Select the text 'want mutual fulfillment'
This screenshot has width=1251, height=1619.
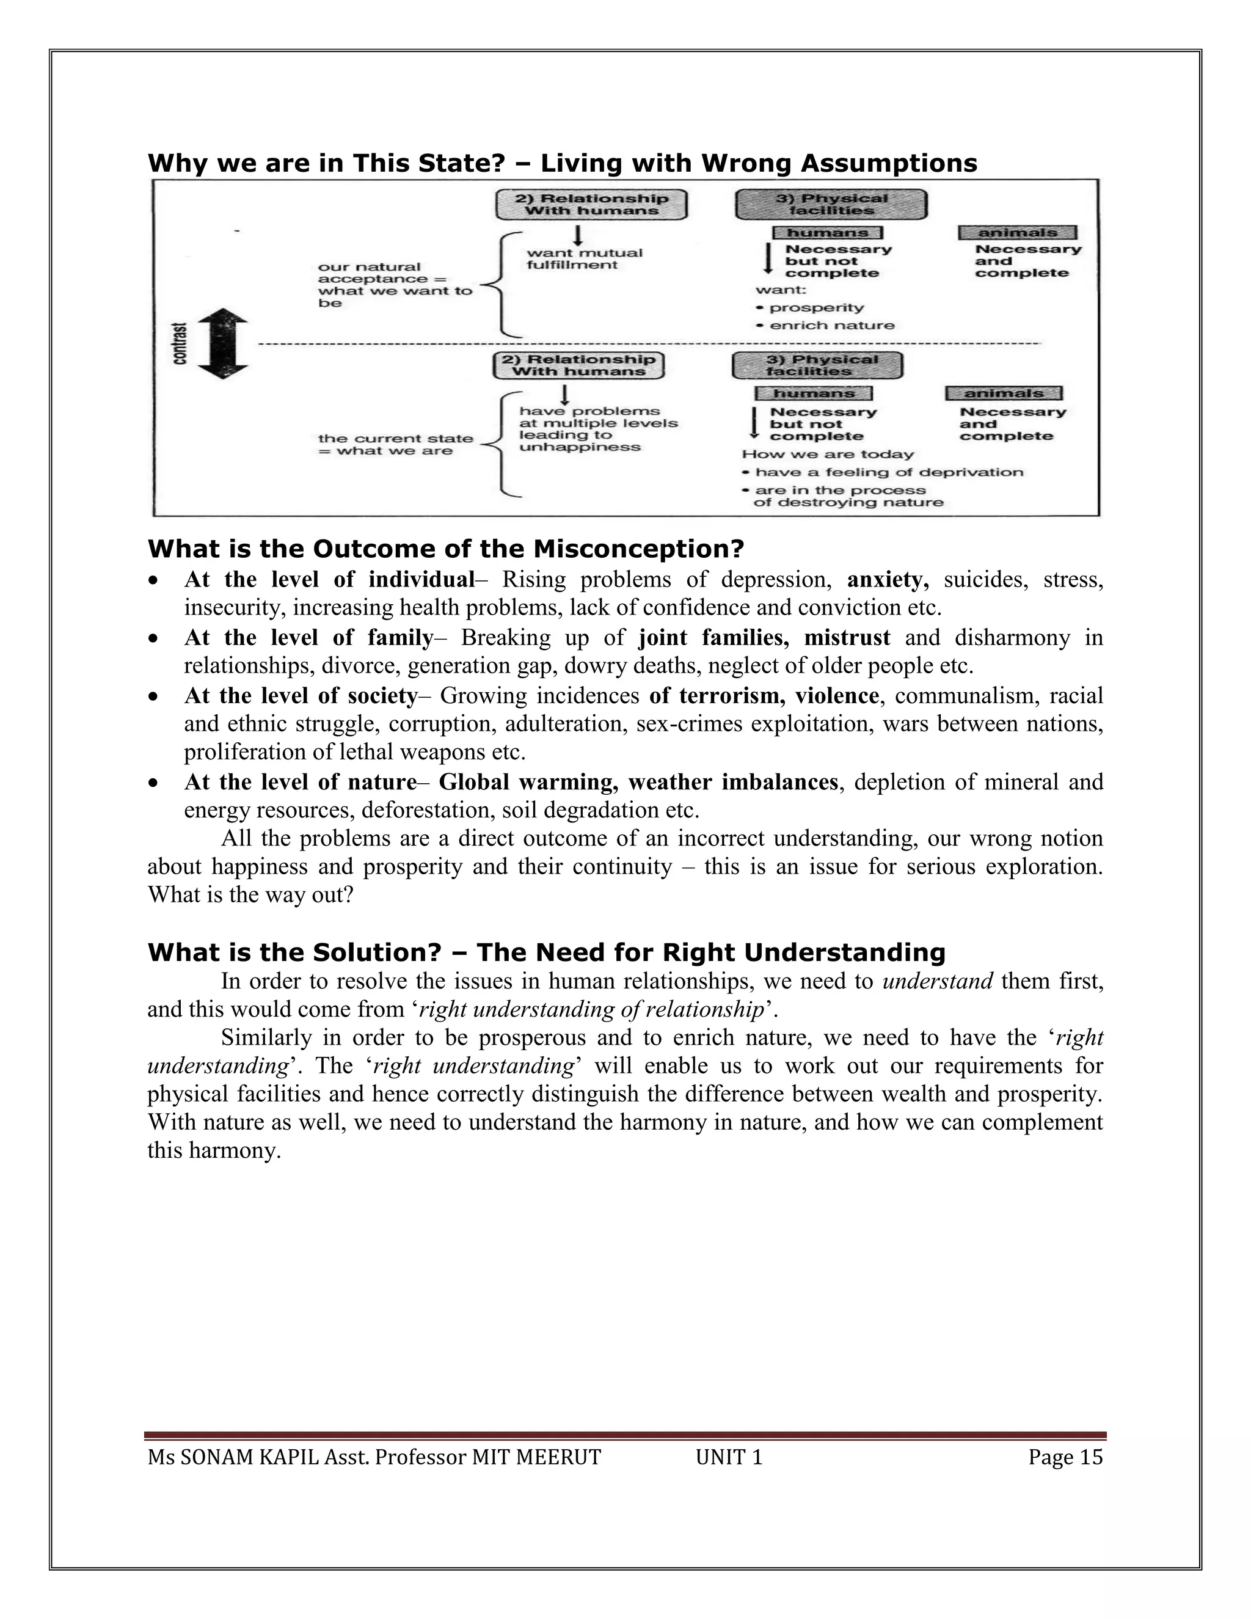pos(584,258)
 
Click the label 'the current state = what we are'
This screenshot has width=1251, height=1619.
pos(395,445)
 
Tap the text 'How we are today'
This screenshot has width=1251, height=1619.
pos(828,455)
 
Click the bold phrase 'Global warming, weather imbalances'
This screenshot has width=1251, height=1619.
pos(638,782)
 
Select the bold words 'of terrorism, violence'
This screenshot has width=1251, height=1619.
pos(764,695)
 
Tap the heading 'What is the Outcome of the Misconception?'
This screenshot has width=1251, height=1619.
pos(445,549)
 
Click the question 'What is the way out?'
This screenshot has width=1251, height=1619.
pos(250,895)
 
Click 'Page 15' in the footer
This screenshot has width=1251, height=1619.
pos(1065,1457)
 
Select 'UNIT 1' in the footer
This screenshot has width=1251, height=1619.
pos(729,1457)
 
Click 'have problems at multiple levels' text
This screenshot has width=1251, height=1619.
pos(597,417)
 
